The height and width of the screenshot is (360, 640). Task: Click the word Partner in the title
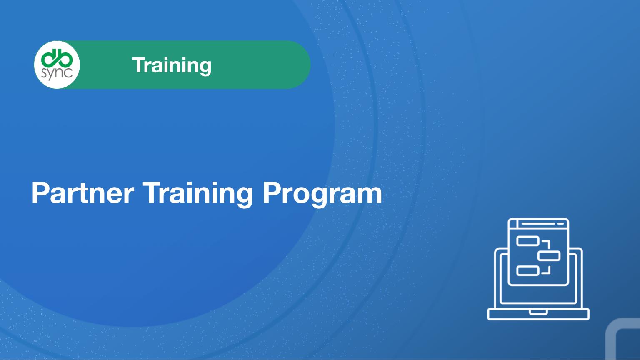point(83,193)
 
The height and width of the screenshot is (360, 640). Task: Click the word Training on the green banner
point(172,66)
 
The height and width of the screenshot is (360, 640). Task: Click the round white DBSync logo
point(57,65)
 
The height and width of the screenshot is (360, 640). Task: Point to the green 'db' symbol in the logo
point(57,57)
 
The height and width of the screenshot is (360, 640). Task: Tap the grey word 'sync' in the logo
point(57,74)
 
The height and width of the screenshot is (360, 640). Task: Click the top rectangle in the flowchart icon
point(527,241)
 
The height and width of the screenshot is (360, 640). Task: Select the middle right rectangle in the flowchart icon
point(549,256)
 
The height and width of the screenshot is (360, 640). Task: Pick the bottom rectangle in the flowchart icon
point(527,270)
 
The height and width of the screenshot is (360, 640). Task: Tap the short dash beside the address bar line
point(561,224)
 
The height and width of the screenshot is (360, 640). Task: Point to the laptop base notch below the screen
point(538,312)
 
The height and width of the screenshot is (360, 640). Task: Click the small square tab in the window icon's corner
point(513,224)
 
